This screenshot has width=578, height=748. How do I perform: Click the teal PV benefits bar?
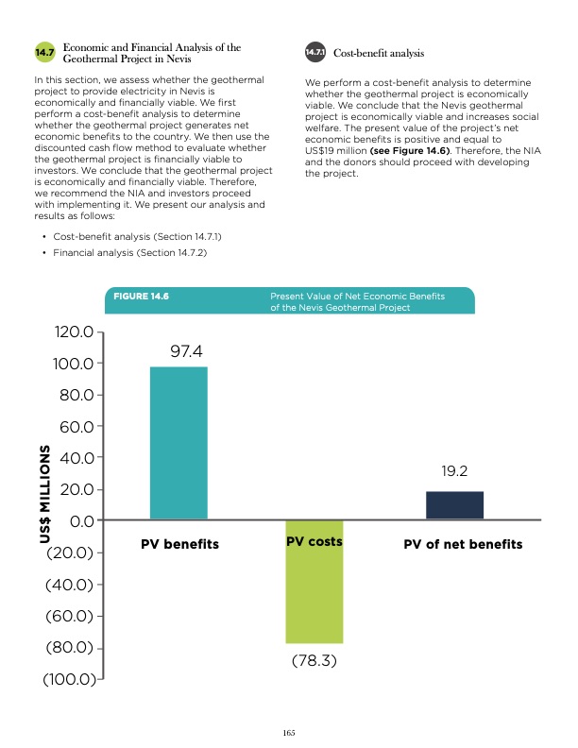click(178, 442)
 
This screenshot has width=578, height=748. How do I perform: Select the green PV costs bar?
click(314, 581)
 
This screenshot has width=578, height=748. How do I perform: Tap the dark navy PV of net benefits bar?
click(454, 505)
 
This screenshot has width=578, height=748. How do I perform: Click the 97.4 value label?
click(186, 351)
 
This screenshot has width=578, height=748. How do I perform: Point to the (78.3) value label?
click(314, 662)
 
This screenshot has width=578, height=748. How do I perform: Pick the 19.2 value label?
click(455, 470)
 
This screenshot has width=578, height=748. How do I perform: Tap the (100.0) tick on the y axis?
click(67, 679)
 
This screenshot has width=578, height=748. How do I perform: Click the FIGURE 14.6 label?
click(141, 297)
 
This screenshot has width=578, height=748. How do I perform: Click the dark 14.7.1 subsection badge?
click(315, 52)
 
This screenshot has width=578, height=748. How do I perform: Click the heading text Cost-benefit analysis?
click(379, 53)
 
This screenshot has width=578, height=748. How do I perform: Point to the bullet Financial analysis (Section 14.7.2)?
click(130, 253)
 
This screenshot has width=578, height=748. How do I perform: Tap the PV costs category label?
click(314, 542)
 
